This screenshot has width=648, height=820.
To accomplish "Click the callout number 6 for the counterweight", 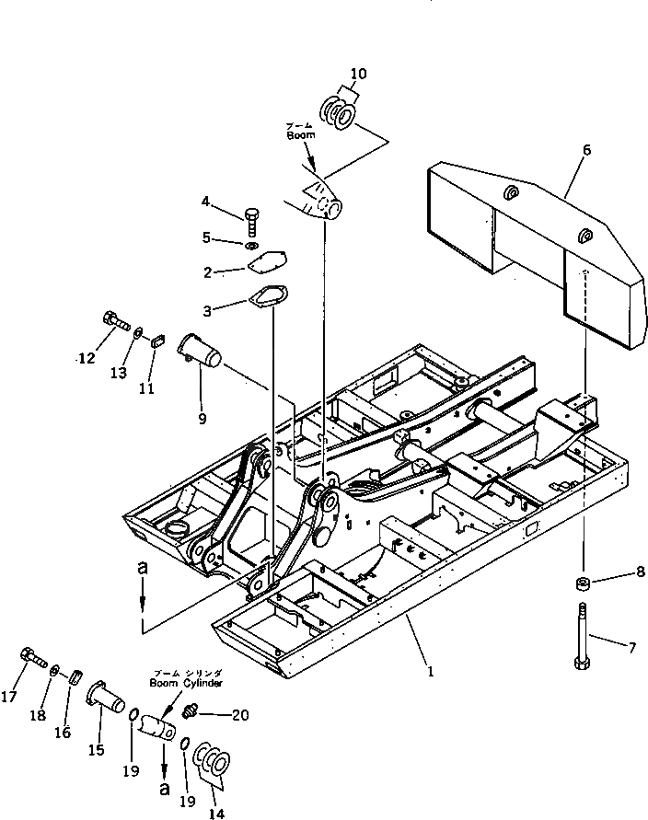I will pos(586,150).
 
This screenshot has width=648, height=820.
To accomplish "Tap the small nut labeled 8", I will pos(583,584).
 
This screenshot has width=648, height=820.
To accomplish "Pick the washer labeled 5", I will pos(251,245).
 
